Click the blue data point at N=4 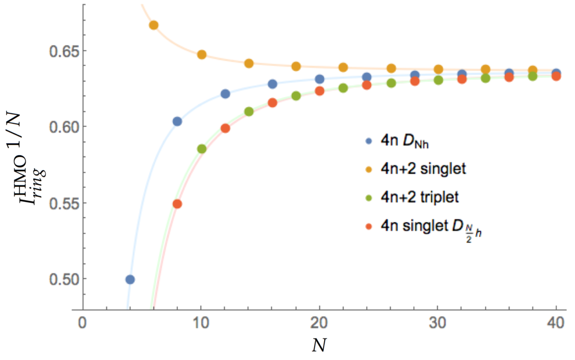click(130, 280)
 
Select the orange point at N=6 click(154, 25)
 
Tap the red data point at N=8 click(177, 204)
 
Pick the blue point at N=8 click(177, 122)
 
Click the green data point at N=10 click(202, 149)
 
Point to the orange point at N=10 click(202, 55)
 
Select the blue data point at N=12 click(225, 94)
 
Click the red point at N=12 click(225, 129)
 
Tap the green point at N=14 click(249, 112)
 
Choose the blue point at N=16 click(273, 84)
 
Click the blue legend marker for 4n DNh click(369, 141)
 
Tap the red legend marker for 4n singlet click(369, 226)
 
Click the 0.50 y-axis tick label click(64, 280)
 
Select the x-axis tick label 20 click(319, 323)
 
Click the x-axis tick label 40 click(555, 323)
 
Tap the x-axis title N click(319, 345)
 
